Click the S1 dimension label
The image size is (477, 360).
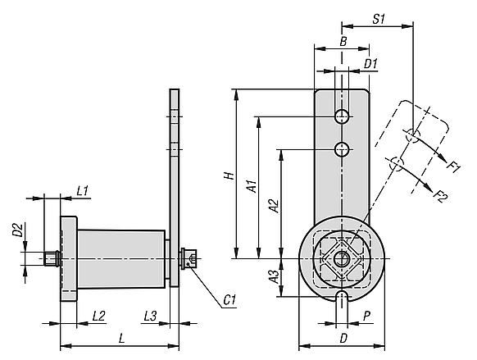pyautogui.click(x=379, y=19)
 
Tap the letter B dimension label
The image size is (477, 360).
pyautogui.click(x=343, y=41)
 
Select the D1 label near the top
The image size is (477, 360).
pyautogui.click(x=370, y=64)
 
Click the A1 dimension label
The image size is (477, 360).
pyautogui.click(x=252, y=186)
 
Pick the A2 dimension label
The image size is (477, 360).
pyautogui.click(x=274, y=206)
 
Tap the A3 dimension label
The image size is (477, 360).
pyautogui.click(x=274, y=276)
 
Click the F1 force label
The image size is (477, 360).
pyautogui.click(x=454, y=167)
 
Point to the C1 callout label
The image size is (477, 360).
pyautogui.click(x=229, y=300)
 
